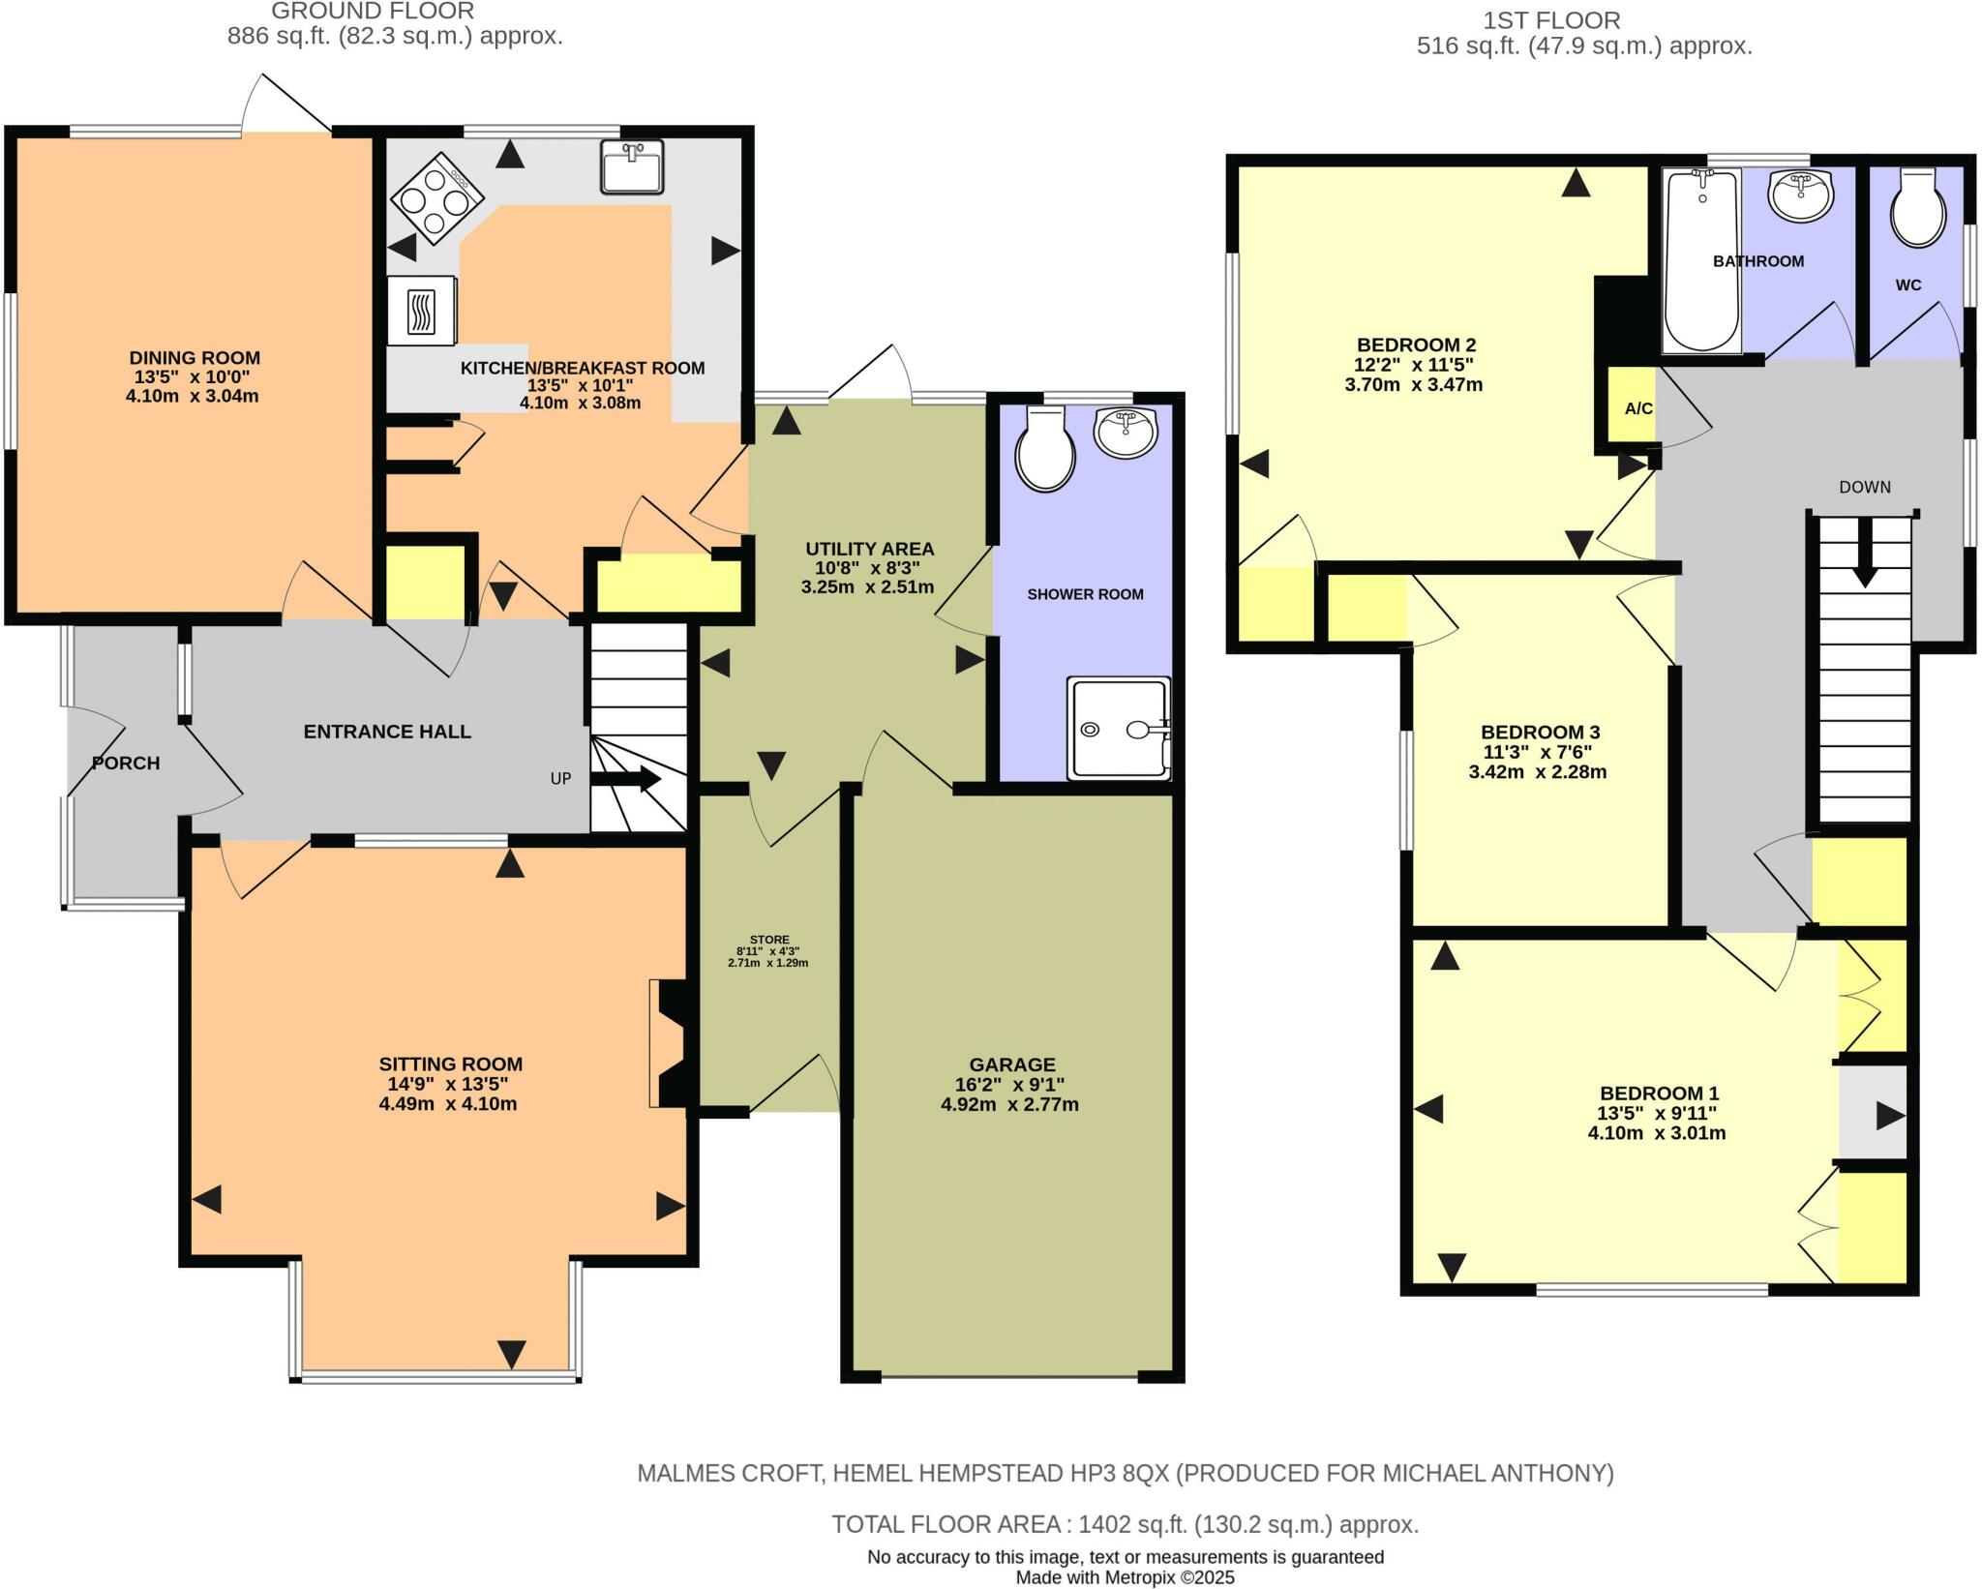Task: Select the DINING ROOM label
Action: (195, 358)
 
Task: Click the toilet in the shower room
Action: (1044, 451)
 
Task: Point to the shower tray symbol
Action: (1119, 729)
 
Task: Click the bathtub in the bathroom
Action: (1701, 259)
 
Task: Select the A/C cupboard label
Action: (1637, 408)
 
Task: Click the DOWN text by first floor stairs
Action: (1864, 487)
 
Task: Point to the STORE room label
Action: (769, 940)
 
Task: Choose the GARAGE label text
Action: (1012, 1064)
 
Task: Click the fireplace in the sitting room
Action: (671, 1042)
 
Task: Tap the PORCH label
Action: (126, 763)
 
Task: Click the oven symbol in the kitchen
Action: (421, 311)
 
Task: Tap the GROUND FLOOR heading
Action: (373, 12)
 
